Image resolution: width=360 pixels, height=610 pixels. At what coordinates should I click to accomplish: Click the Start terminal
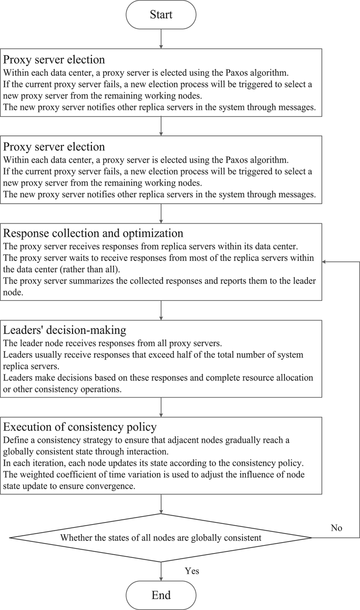click(160, 14)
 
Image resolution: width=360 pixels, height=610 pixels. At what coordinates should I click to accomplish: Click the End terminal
click(160, 595)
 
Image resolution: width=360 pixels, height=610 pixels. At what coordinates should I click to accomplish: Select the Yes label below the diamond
click(192, 571)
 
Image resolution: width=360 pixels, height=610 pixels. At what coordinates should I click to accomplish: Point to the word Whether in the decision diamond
click(77, 537)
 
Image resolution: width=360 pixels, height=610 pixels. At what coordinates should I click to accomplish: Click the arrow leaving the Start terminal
click(160, 38)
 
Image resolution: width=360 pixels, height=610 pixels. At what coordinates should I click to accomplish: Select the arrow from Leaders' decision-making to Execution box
click(160, 407)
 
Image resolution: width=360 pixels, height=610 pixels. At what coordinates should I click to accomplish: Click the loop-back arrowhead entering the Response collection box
click(325, 261)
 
